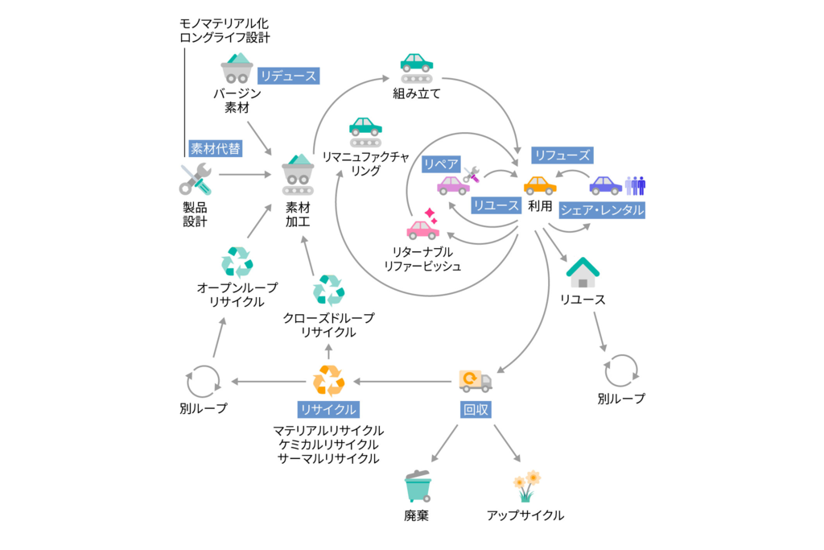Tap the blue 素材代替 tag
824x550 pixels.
point(216,148)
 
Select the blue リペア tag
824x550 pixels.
point(441,163)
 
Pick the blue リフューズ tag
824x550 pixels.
point(562,155)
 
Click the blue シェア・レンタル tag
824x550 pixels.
point(602,209)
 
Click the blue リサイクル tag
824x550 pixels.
point(328,409)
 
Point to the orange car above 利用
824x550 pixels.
point(540,184)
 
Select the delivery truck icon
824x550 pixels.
point(475,380)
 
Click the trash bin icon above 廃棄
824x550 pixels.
point(418,486)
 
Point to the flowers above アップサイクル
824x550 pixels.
point(526,486)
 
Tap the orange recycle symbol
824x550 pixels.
point(328,380)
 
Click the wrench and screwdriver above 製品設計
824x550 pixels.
point(196,179)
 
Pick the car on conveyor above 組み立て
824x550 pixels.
point(417,68)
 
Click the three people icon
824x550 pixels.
point(636,185)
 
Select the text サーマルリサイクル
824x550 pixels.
point(328,459)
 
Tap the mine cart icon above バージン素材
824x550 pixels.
point(237,68)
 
